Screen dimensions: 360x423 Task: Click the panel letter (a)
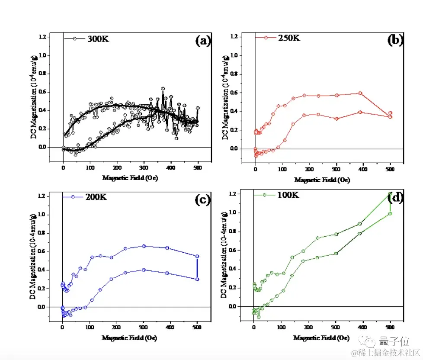pos(203,41)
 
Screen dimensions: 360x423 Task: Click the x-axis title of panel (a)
pos(130,178)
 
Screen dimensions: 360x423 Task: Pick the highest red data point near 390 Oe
pos(360,93)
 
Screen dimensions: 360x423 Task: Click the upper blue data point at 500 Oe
pos(197,256)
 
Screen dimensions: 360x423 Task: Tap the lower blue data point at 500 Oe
pos(197,279)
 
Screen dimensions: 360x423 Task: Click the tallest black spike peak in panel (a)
pos(163,88)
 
